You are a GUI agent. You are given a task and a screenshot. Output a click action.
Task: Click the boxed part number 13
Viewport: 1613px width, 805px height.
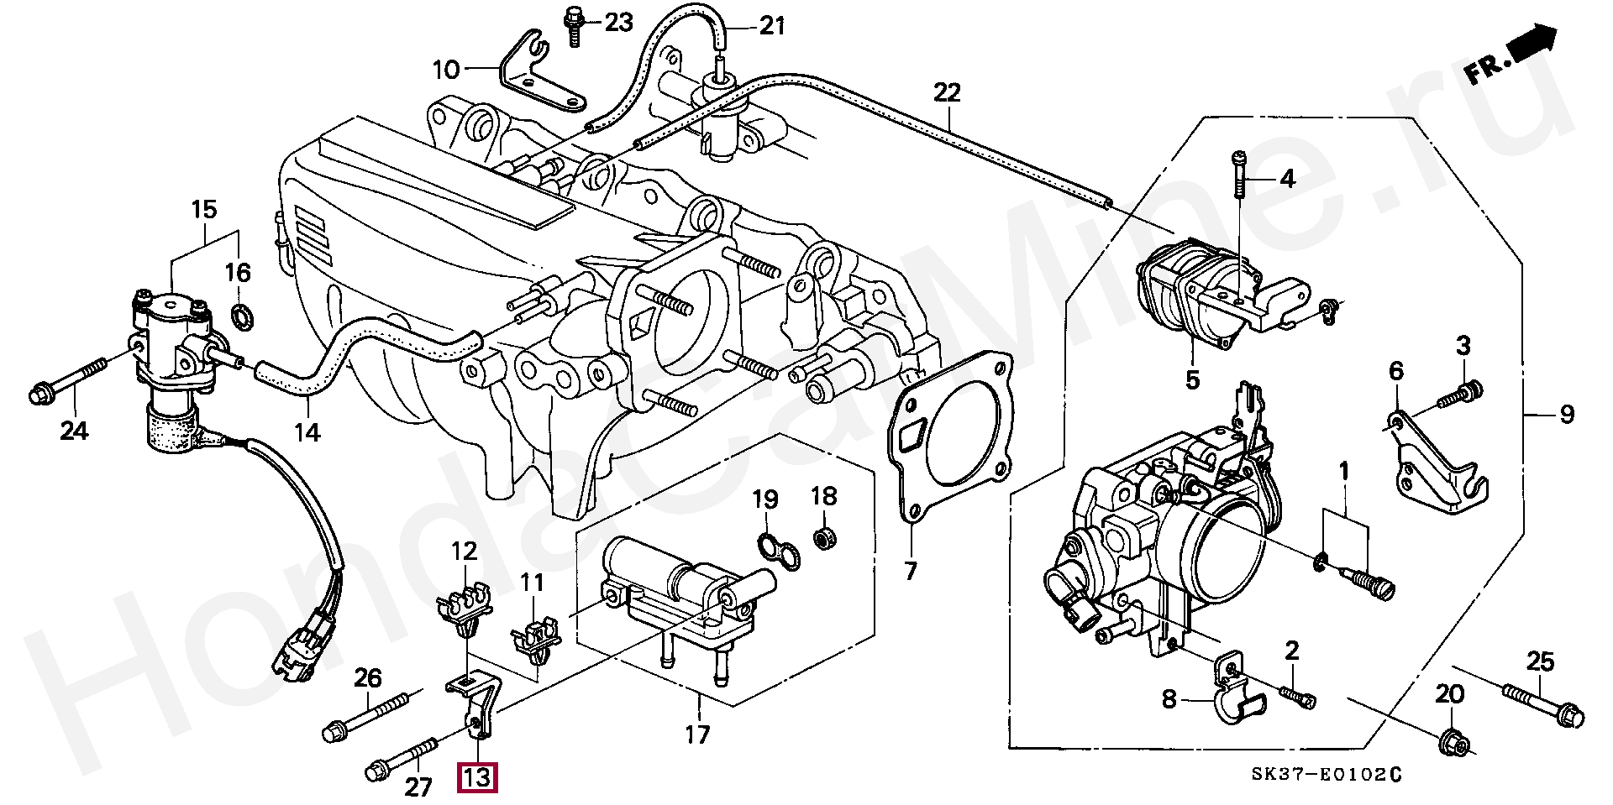476,777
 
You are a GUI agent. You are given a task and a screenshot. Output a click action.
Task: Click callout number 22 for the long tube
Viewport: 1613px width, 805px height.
947,92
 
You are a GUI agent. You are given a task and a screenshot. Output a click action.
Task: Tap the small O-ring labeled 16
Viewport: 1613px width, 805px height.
240,317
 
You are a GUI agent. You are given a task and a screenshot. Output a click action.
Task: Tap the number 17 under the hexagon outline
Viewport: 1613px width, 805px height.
696,736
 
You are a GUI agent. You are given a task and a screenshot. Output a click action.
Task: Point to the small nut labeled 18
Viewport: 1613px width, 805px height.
824,537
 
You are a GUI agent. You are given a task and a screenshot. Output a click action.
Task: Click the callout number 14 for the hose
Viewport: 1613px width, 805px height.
308,432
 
